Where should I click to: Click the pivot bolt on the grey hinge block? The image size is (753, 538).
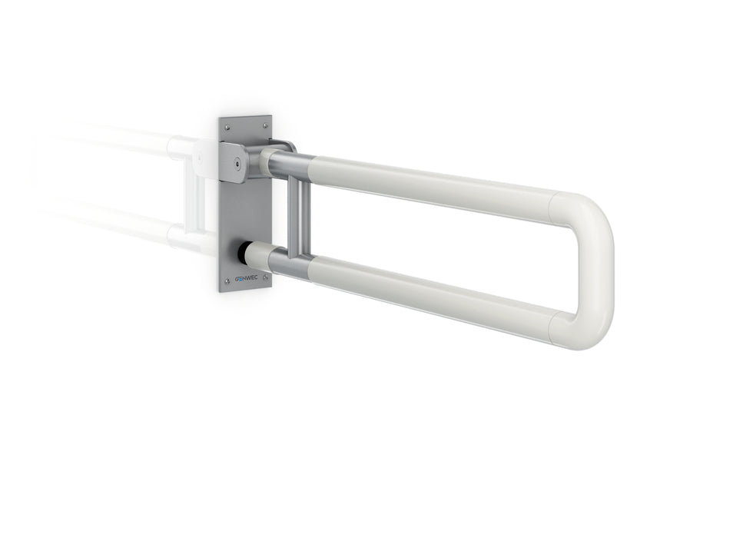point(241,163)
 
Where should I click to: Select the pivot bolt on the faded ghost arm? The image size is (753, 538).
point(199,157)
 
